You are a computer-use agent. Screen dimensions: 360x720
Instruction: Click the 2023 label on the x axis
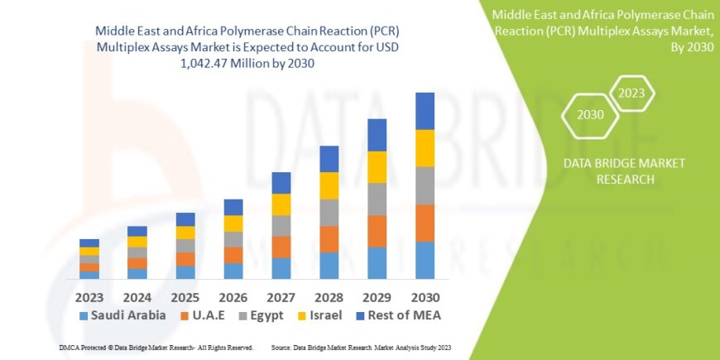[89, 296]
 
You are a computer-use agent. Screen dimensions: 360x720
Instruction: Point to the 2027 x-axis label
[281, 296]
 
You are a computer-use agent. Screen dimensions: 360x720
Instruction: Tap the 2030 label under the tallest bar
[425, 296]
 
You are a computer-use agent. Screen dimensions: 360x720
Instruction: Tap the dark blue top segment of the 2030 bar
[425, 111]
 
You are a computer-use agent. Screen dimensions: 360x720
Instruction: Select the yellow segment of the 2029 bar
[377, 167]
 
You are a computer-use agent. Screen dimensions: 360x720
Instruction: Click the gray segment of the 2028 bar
[329, 213]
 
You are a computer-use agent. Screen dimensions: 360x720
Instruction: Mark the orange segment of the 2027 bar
[281, 247]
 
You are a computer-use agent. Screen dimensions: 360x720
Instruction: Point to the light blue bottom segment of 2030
[425, 260]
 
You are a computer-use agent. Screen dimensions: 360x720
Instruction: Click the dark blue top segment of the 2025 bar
[185, 219]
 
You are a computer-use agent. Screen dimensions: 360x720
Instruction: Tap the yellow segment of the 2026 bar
[233, 223]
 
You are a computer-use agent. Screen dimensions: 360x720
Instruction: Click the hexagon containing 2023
[631, 93]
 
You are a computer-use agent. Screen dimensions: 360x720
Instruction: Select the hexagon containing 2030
[591, 115]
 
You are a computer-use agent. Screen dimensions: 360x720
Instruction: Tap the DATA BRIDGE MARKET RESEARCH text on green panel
[624, 170]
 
